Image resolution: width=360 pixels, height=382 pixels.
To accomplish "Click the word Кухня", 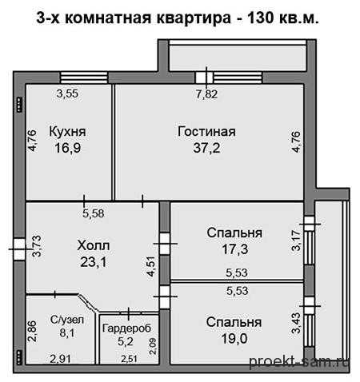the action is pos(67,132).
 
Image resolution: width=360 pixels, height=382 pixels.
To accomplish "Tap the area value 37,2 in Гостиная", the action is pos(206,148).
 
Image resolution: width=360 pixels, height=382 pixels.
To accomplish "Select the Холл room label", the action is pos(94,245).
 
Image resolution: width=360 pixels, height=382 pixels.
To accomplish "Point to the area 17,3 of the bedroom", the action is pos(235,249).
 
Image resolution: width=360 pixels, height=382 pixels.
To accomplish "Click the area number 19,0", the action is pos(234,339).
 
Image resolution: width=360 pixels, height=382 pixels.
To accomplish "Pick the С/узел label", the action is pos(67,320).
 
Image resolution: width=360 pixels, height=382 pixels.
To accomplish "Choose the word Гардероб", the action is pos(126,328).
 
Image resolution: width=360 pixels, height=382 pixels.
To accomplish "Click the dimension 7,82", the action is pos(206,94).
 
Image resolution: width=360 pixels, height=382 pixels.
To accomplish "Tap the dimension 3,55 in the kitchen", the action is pos(67,94).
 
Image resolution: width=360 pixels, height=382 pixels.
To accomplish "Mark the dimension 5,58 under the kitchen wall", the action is pos(93,213).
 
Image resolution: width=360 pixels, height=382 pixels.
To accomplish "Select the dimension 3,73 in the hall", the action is pos(37,246).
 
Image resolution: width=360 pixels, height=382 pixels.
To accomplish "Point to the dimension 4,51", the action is pos(150,266).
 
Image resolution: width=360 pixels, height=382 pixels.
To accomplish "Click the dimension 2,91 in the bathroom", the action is pos(61,359).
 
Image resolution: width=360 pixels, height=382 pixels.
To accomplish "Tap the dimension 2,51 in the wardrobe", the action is pos(129,359).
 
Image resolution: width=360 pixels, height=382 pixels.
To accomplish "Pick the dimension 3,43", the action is pos(296,323).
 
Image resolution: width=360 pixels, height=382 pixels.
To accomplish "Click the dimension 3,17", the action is pos(296,241).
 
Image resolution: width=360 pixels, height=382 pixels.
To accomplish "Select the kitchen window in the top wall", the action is pos(83,78).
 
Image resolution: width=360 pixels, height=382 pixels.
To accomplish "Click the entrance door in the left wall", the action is pos(19,249).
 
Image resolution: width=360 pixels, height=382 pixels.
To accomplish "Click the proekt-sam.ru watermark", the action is pos(299,362).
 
